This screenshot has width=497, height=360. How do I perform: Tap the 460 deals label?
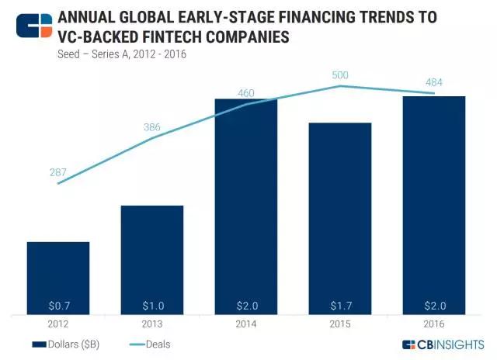coord(245,93)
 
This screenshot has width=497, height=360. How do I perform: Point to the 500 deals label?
coord(339,74)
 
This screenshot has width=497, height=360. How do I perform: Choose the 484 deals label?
coord(433,81)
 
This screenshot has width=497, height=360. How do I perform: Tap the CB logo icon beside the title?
coord(33,26)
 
